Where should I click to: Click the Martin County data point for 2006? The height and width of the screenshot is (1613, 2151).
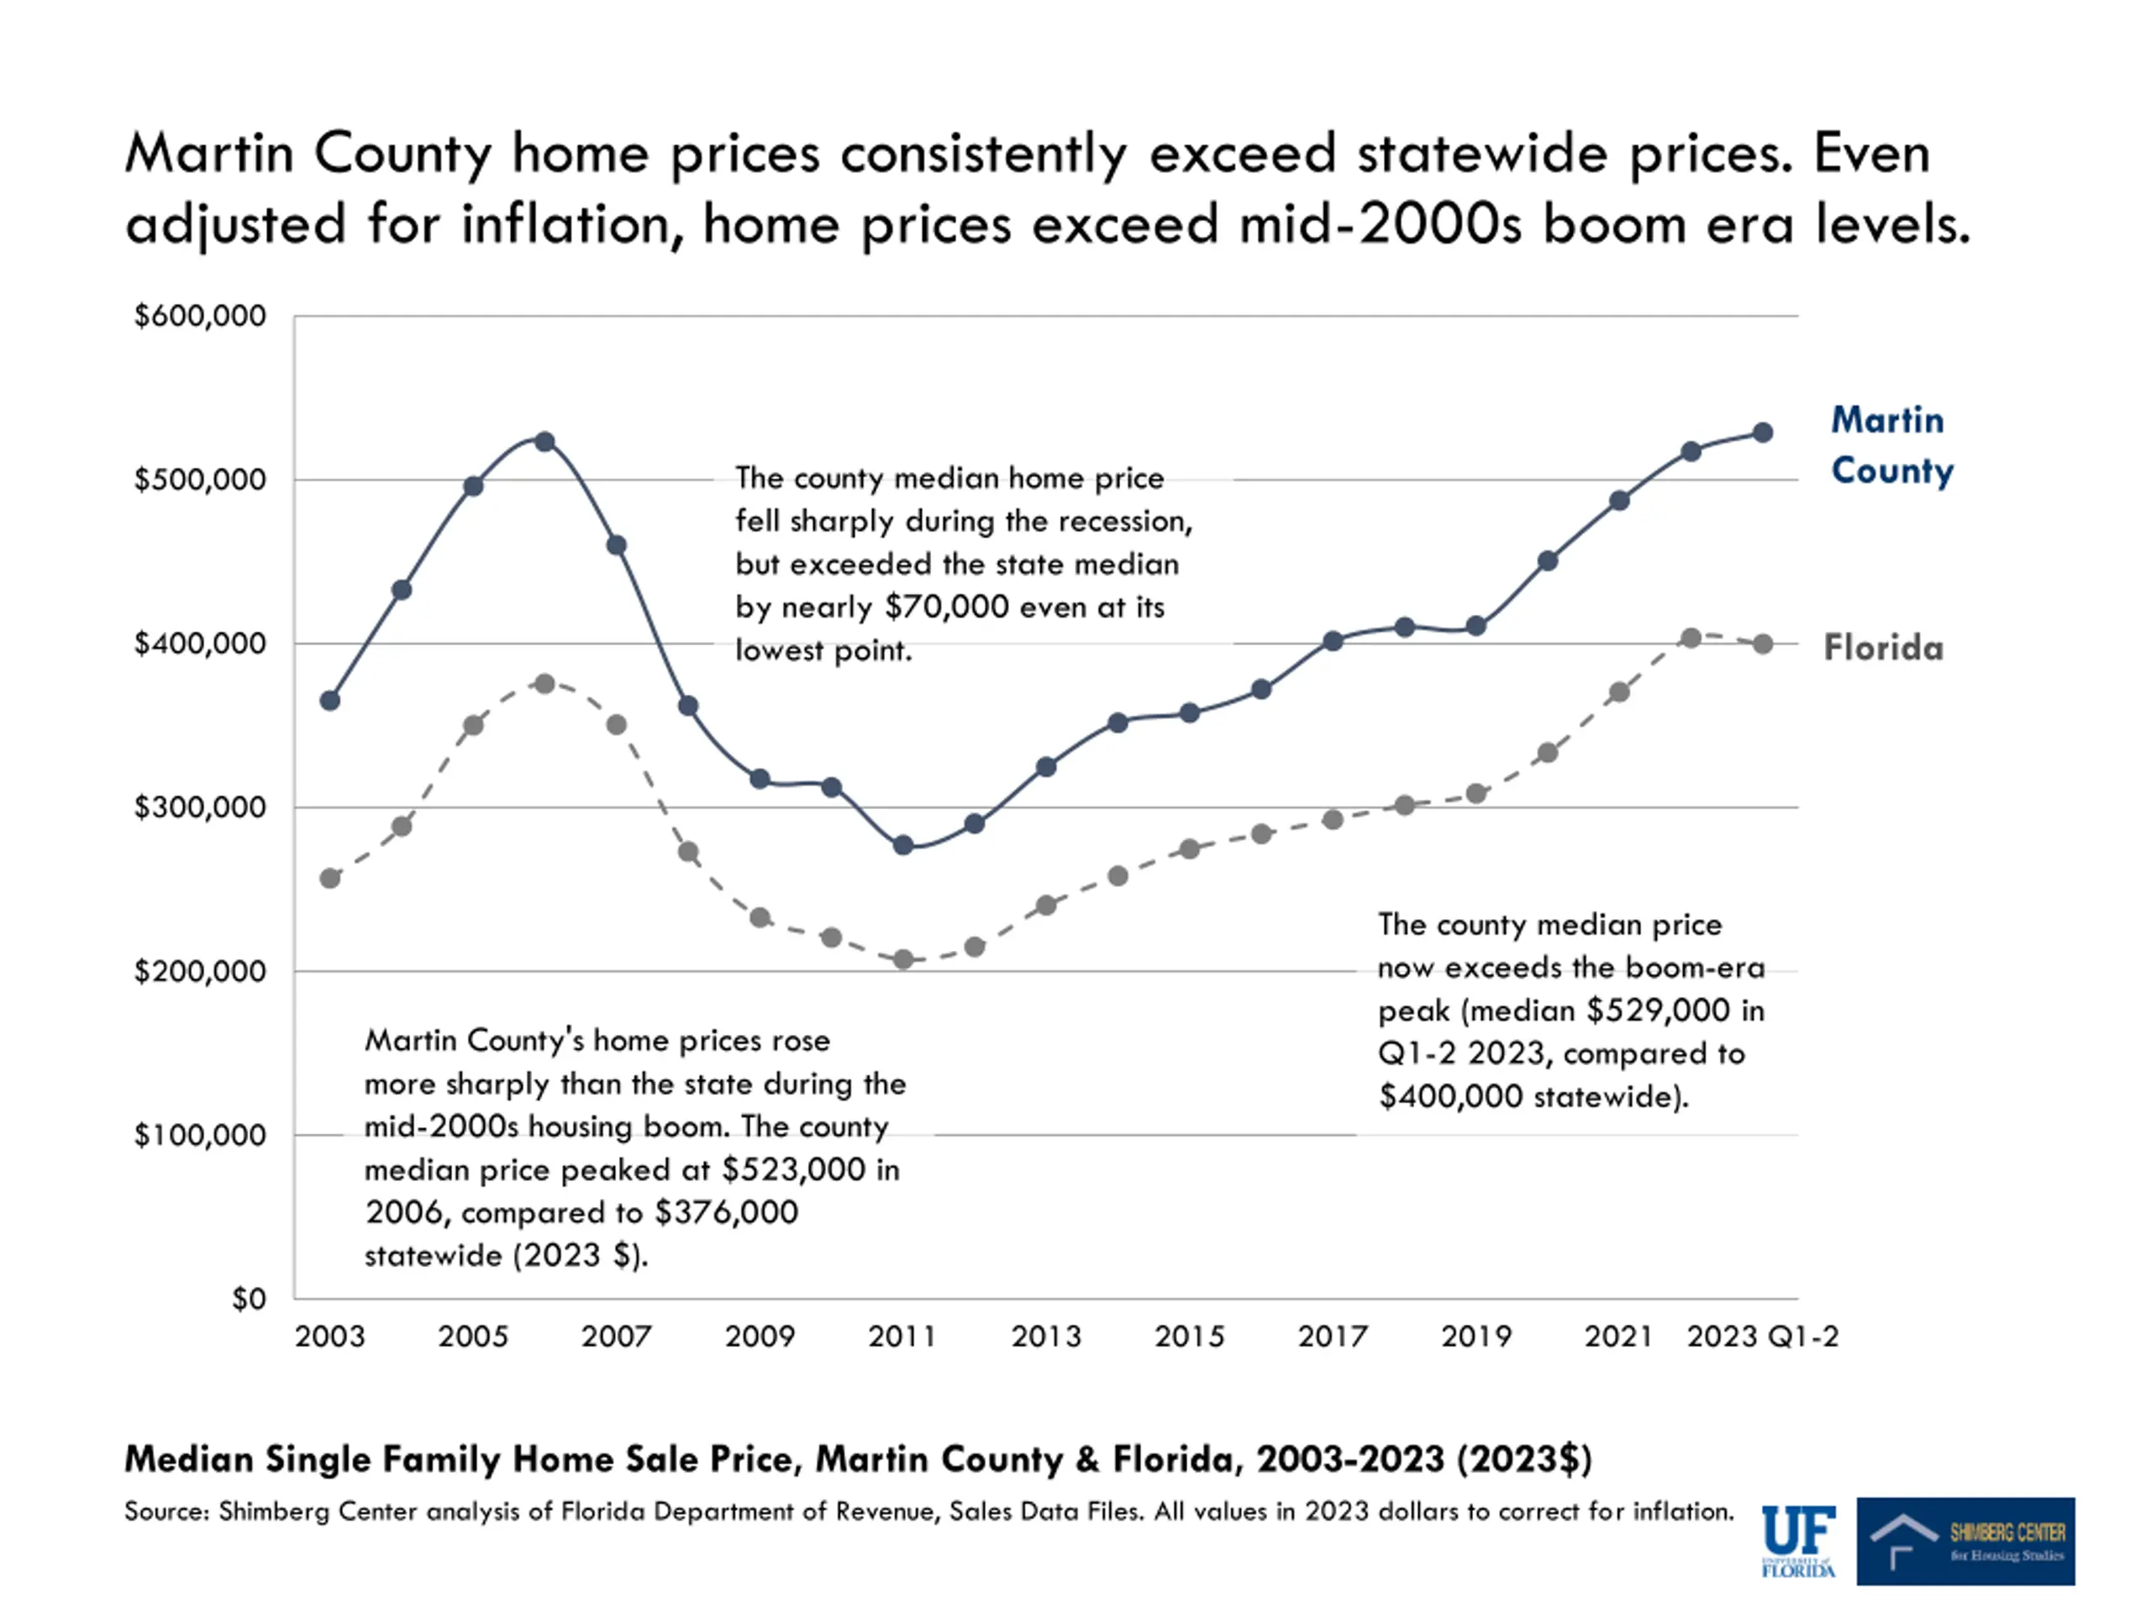tap(544, 441)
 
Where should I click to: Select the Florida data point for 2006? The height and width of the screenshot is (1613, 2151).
tap(544, 684)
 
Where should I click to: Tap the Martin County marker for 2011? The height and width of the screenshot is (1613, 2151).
tap(902, 845)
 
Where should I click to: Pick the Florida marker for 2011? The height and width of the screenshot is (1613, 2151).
tap(902, 959)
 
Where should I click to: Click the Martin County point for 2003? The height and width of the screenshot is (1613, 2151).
tap(329, 700)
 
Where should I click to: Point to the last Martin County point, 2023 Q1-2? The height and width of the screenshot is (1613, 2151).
tap(1762, 433)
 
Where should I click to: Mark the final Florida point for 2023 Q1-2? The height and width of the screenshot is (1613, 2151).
tap(1762, 644)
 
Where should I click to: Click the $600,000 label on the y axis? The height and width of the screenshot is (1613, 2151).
tap(199, 316)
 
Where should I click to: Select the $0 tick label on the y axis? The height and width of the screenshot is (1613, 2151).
tap(248, 1299)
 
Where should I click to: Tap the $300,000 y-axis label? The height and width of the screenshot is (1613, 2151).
tap(199, 807)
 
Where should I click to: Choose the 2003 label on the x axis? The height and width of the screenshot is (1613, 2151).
tap(329, 1337)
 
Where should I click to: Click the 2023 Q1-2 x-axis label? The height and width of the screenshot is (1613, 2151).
tap(1762, 1337)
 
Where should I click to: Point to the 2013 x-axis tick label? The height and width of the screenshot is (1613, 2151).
tap(1045, 1337)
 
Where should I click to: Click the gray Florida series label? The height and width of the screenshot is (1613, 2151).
tap(1883, 648)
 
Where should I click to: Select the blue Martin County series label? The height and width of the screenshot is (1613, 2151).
tap(1891, 445)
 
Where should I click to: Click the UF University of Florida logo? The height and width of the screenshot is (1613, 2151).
tap(1798, 1541)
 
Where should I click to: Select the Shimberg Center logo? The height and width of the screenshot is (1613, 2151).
tap(1964, 1541)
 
